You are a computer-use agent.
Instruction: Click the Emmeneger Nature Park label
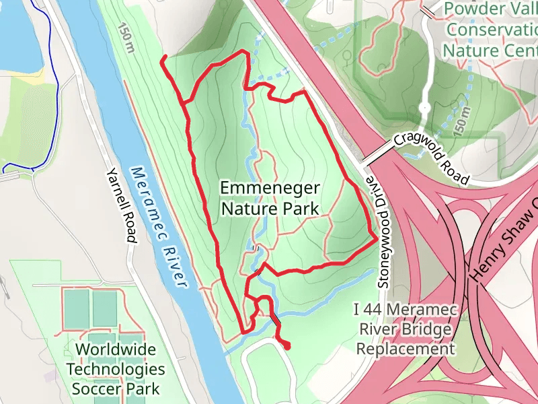tap(270, 198)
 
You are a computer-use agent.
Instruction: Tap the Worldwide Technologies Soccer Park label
tap(115, 369)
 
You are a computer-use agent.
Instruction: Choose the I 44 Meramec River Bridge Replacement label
tap(405, 329)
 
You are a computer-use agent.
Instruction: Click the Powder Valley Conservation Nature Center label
tap(490, 30)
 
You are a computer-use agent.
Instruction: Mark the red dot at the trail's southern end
tap(287, 346)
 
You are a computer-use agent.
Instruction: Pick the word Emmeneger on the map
tap(270, 188)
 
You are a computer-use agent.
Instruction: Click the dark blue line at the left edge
tap(56, 88)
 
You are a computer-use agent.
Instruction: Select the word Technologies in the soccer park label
tap(115, 369)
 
